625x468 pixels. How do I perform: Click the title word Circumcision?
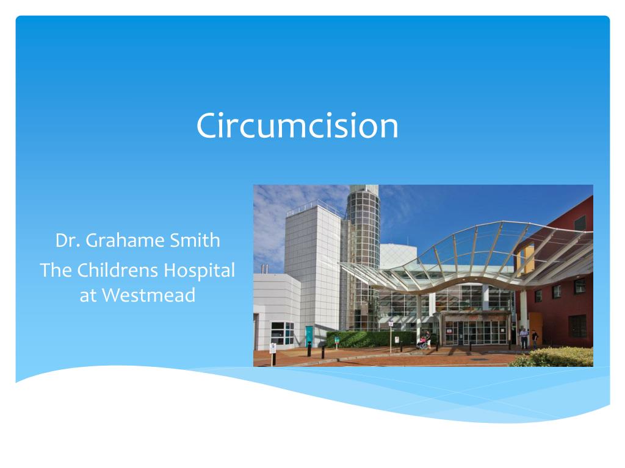tap(297, 126)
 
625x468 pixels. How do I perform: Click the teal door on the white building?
tap(309, 336)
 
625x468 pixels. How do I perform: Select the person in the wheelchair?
tap(422, 342)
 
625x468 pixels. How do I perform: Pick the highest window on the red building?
tap(580, 222)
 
